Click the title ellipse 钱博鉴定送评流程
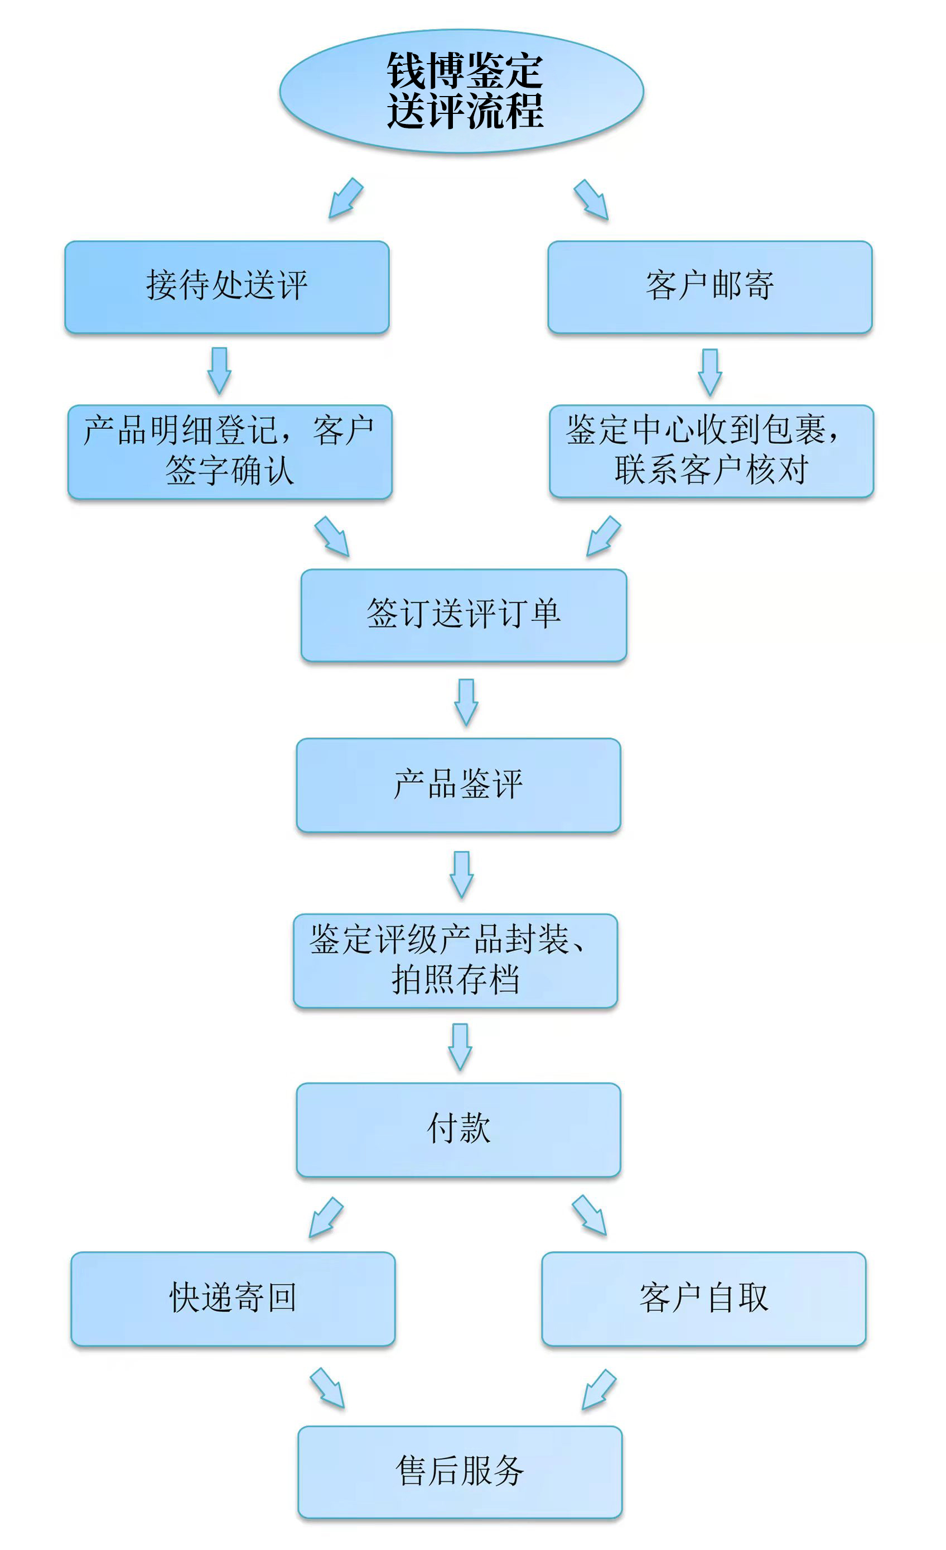pos(461,91)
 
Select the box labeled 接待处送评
pos(227,287)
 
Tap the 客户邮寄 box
pos(709,287)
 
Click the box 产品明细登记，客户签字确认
pos(230,452)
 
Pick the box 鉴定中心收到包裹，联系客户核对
pos(712,451)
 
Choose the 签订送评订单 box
pos(464,615)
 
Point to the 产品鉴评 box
pos(459,785)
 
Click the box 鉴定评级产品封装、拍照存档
pos(456,960)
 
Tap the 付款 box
pos(459,1130)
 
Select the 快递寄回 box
pos(233,1298)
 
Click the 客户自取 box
pos(704,1298)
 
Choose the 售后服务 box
pos(460,1472)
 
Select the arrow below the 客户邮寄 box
pos(710,372)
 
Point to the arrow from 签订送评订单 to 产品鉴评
pos(466,702)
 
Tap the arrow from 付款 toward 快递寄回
pos(326,1218)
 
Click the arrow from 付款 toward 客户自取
pos(590,1216)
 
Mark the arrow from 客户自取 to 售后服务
pos(599,1390)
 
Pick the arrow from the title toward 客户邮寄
pos(591,200)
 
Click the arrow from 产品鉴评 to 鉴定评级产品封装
pos(462,875)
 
